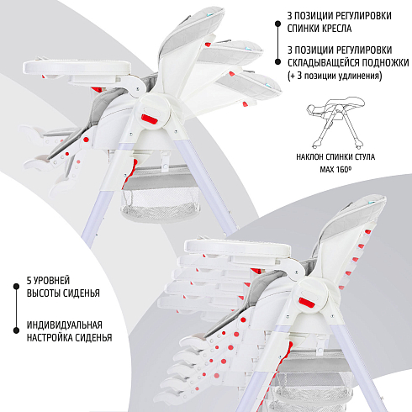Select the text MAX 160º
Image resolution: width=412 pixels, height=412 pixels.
click(335, 169)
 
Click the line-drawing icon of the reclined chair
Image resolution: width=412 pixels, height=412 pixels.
click(335, 123)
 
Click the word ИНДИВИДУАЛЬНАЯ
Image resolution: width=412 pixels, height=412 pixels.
click(65, 325)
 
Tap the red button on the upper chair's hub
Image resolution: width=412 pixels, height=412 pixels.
click(149, 119)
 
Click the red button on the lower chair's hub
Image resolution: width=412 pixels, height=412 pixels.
click(308, 303)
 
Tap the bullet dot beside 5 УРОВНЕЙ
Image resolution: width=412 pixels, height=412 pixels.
click(16, 287)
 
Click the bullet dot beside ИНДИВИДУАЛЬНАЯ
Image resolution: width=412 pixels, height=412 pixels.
click(16, 330)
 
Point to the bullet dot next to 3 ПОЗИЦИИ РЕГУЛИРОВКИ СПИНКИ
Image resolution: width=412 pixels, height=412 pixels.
click(277, 24)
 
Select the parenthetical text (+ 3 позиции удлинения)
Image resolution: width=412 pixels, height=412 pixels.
click(335, 76)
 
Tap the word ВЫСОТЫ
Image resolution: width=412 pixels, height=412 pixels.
click(43, 293)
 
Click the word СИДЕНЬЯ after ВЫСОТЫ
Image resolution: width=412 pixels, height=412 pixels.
click(82, 293)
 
